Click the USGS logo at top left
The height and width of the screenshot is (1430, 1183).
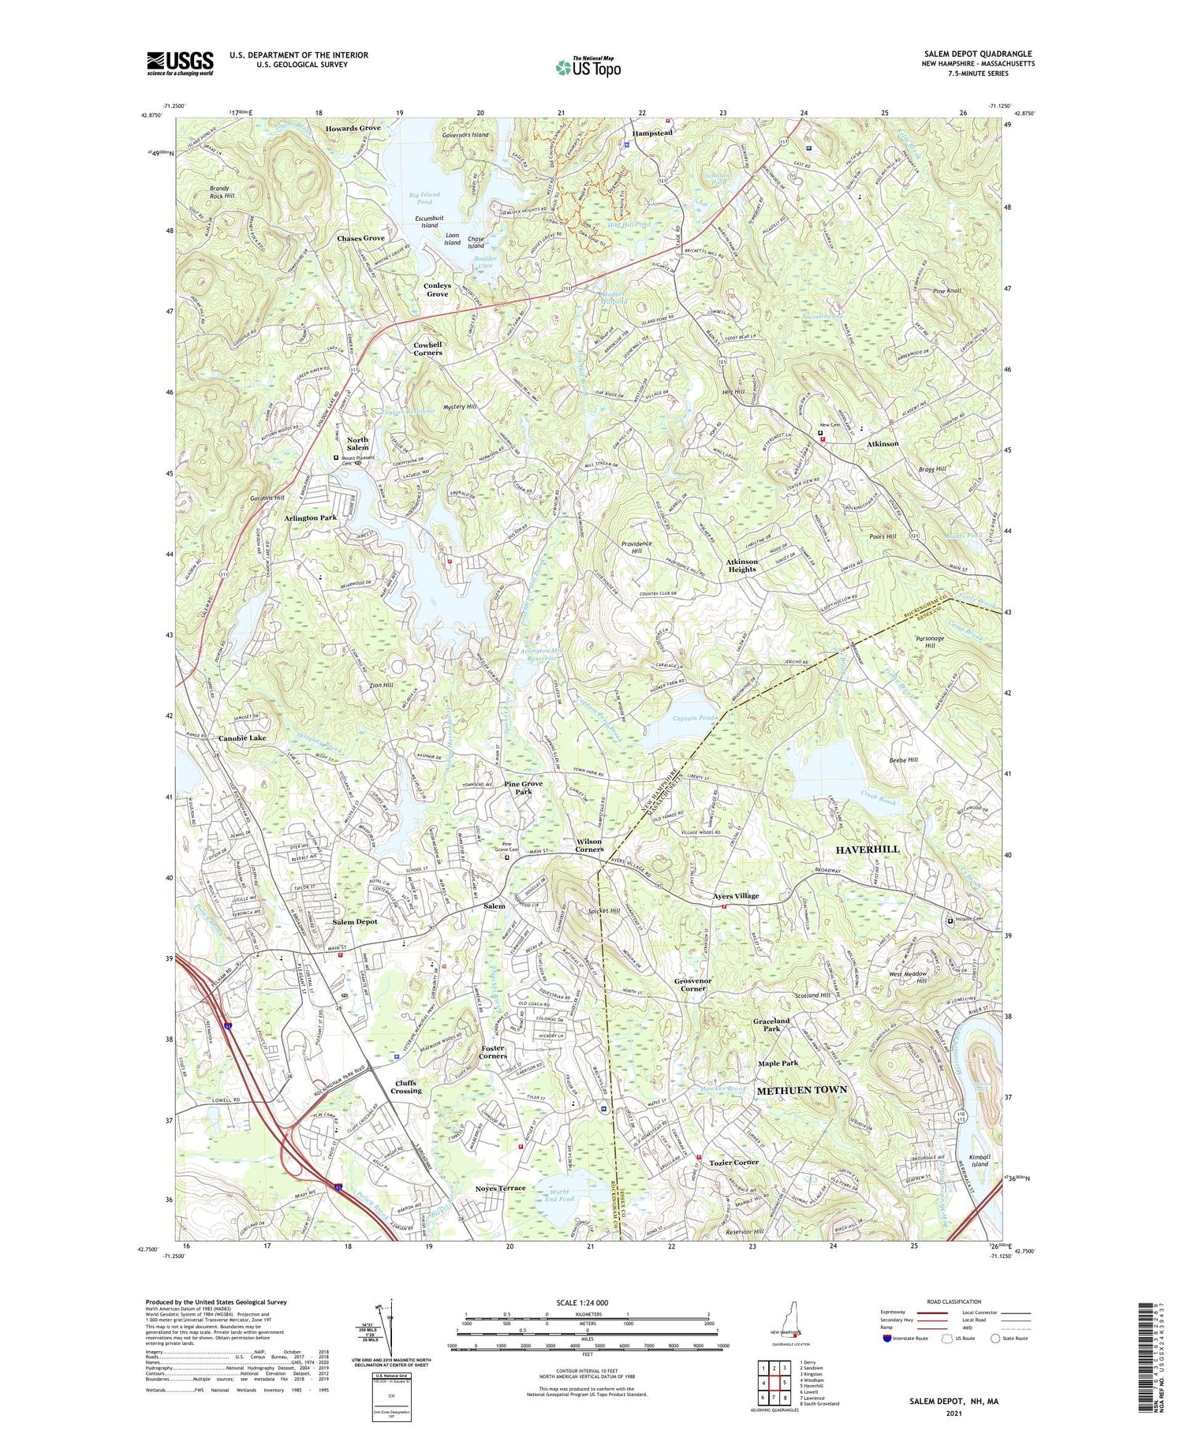[180, 63]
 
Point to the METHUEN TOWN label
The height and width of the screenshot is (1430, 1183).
[801, 1090]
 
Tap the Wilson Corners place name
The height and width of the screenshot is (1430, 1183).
[589, 846]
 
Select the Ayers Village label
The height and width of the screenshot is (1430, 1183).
[735, 896]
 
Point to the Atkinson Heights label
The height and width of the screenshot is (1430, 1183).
[741, 566]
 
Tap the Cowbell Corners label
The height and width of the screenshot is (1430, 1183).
[427, 349]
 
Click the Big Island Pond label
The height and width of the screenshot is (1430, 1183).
[424, 198]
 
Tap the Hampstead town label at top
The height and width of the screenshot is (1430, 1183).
[652, 133]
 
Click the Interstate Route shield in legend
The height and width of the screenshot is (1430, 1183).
[887, 1339]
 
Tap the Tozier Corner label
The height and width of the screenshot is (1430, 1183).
[733, 1163]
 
